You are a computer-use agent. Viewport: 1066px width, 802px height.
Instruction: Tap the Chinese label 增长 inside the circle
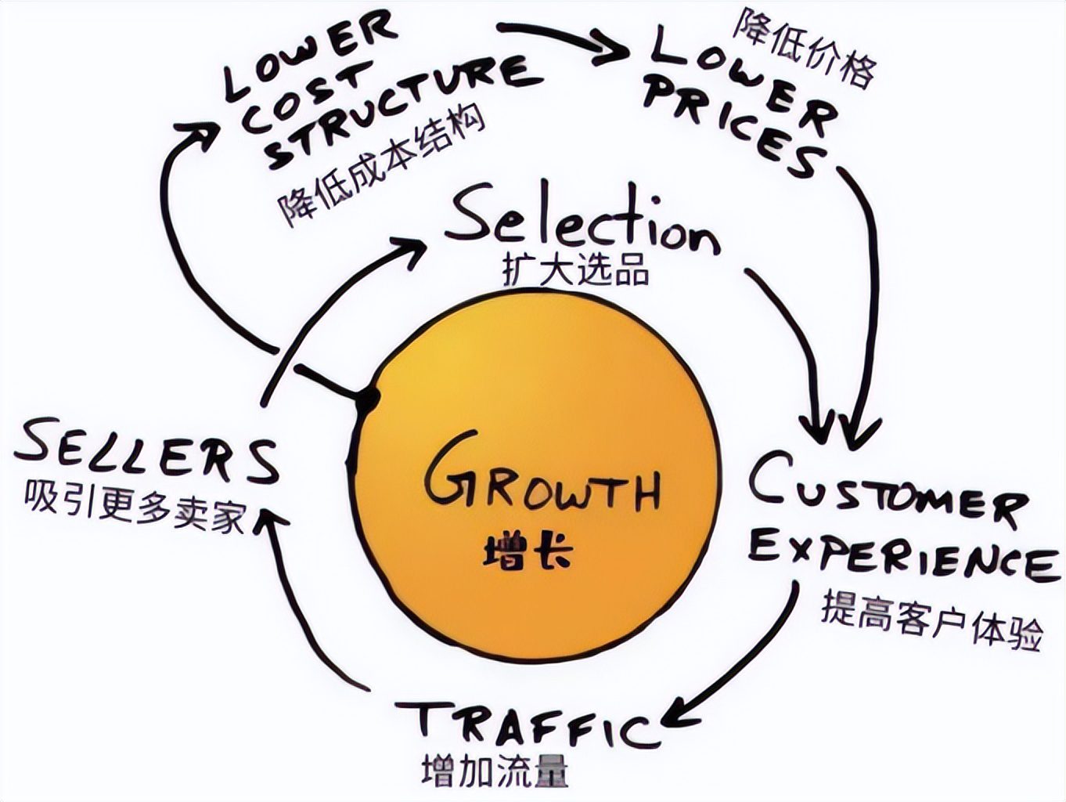click(527, 551)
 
